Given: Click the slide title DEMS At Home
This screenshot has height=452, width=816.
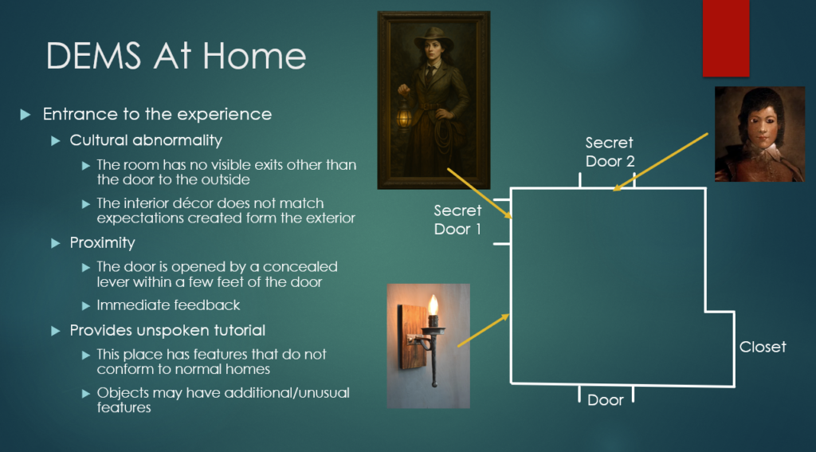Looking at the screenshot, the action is click(176, 55).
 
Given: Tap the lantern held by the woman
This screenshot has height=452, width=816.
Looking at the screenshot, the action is click(404, 116).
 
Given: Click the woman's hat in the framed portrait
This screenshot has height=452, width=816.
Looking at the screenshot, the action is click(433, 37).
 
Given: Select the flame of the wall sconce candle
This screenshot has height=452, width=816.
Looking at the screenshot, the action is click(433, 305).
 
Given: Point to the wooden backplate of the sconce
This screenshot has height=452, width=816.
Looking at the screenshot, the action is click(409, 336).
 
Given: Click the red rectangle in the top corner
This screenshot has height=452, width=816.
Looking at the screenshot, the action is click(725, 38).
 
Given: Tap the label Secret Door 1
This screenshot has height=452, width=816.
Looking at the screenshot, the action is click(457, 220).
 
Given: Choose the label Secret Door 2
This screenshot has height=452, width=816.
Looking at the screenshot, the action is click(610, 151).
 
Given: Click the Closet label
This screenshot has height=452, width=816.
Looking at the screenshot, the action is click(763, 347).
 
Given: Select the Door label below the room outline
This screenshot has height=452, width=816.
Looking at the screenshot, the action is click(606, 400).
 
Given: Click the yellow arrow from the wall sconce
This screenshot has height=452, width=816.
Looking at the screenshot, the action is click(483, 330).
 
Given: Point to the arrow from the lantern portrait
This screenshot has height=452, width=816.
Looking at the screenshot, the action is click(479, 193).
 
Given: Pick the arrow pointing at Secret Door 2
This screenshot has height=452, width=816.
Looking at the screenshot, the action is click(660, 162).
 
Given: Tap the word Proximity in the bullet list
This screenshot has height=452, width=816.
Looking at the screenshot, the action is click(103, 242).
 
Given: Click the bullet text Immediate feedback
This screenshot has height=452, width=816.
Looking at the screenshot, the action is click(168, 305).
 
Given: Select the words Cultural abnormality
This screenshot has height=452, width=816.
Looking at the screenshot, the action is click(146, 140).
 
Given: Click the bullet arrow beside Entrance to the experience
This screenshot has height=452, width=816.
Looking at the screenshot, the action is click(25, 115).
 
